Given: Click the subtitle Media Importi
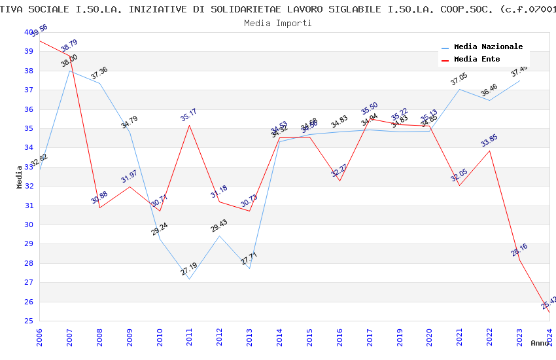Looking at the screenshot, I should coord(277,23).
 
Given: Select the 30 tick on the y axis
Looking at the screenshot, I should coord(29,225).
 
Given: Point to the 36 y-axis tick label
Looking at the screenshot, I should coord(29,109).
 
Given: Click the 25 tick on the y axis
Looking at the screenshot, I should coord(29,321).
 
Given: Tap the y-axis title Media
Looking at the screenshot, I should coord(20,177).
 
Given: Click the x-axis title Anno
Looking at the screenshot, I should coord(540,343).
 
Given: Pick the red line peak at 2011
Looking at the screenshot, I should coord(190,125).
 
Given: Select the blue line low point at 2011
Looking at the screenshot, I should coord(190,279).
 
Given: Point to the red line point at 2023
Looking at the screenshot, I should coord(519,260).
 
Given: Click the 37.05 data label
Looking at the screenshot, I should coord(459,79).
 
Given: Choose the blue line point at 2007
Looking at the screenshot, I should coord(70,71).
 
